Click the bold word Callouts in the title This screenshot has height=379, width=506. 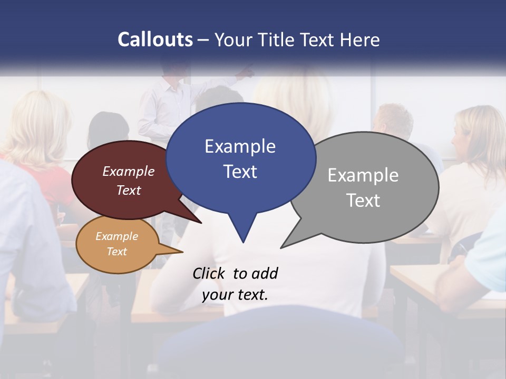pyautogui.click(x=155, y=39)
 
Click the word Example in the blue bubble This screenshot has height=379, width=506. pyautogui.click(x=240, y=146)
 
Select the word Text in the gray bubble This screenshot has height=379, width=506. pyautogui.click(x=363, y=201)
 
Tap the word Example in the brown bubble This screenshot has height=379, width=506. pyautogui.click(x=129, y=172)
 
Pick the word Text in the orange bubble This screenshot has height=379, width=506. pyautogui.click(x=116, y=252)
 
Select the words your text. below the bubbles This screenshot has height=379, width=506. pyautogui.click(x=235, y=295)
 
